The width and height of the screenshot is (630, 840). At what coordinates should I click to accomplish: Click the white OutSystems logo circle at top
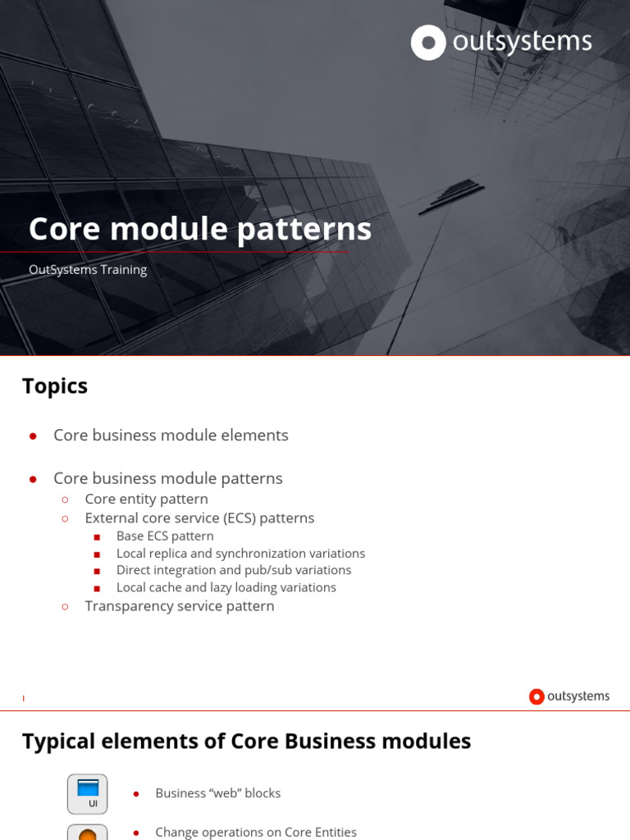click(428, 43)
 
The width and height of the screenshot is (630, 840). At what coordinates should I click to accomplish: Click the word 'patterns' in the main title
click(304, 230)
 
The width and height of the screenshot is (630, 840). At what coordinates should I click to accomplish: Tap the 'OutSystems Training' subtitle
click(88, 270)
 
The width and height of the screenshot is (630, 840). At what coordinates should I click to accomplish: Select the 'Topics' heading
click(55, 386)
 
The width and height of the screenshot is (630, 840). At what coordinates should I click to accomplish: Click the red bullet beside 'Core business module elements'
click(33, 436)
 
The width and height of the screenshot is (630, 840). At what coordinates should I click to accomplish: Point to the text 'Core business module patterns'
click(167, 478)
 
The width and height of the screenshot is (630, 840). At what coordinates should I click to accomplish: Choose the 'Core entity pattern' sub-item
click(146, 499)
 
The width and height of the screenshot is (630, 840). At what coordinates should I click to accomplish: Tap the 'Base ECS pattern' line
click(165, 536)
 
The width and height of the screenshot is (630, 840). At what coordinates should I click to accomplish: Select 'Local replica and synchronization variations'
click(240, 554)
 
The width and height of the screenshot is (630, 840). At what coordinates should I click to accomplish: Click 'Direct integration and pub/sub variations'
click(234, 570)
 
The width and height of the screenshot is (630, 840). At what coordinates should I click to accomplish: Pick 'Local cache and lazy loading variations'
click(226, 587)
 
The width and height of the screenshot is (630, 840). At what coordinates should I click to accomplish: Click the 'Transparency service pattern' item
click(180, 606)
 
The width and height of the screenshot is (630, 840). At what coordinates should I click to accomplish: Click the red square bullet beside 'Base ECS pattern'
click(98, 537)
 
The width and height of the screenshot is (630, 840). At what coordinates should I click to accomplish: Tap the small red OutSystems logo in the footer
click(536, 696)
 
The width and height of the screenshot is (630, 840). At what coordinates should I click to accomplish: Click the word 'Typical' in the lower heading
click(60, 742)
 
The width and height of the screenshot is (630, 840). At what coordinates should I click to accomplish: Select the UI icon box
click(88, 794)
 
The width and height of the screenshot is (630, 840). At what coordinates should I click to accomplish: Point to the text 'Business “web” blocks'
click(218, 793)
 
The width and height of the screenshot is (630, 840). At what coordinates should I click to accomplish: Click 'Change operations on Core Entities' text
click(256, 832)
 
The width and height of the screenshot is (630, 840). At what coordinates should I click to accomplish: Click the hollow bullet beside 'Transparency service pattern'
click(66, 607)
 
